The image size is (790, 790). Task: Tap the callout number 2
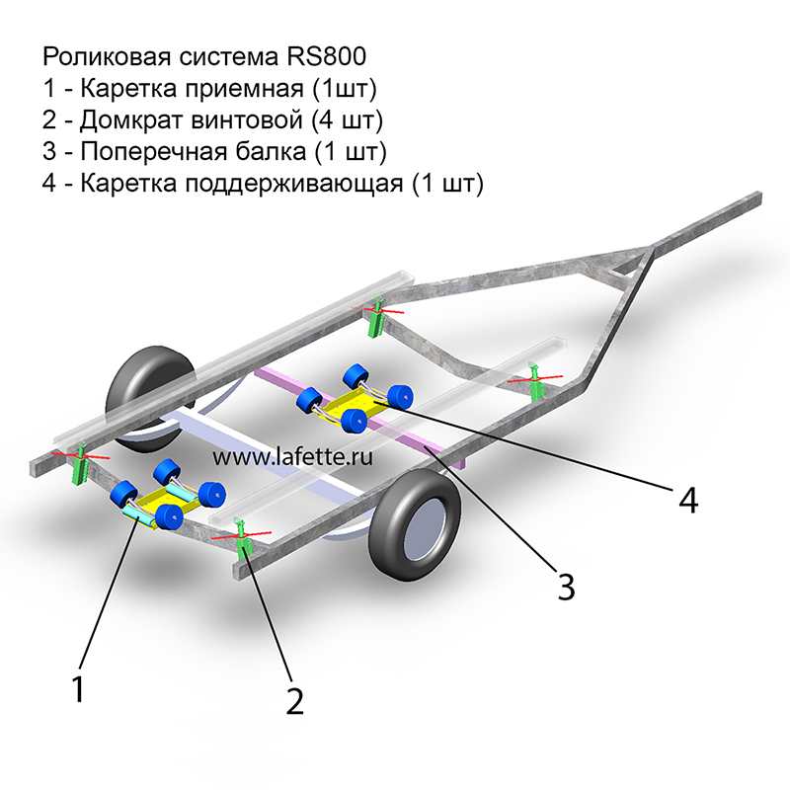(x=294, y=700)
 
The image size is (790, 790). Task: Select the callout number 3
(x=565, y=586)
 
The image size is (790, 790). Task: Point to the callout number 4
(x=688, y=500)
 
